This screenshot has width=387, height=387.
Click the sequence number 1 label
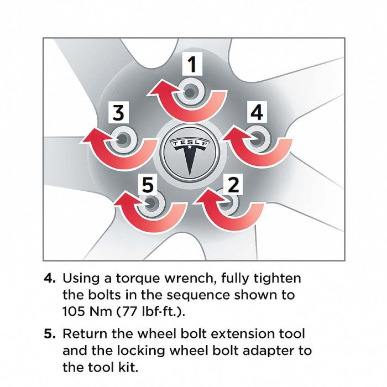pos(192,65)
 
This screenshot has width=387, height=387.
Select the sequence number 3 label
pos(118,113)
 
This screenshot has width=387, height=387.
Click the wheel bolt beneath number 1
pos(192,91)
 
